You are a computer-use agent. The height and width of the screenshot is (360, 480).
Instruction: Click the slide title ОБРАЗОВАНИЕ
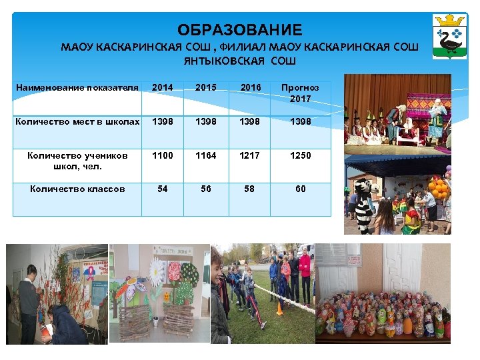tap(239, 30)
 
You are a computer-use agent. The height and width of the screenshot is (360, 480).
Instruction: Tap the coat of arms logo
tap(449, 36)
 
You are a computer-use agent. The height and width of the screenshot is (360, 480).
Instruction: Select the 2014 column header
tap(162, 87)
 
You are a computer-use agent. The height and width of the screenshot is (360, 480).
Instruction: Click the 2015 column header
tap(205, 87)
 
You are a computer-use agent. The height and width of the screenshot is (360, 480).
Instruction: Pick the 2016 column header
tap(250, 87)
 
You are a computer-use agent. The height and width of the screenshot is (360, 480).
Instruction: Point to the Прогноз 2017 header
tap(300, 93)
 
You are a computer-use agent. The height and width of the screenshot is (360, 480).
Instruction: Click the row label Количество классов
tap(77, 189)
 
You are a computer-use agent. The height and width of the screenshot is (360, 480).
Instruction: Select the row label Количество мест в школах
tap(77, 121)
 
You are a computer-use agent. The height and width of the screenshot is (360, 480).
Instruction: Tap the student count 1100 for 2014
tap(162, 155)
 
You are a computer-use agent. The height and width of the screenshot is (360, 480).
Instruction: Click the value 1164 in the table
tap(205, 155)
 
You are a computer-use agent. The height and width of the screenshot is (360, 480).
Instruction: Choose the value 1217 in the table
tap(249, 155)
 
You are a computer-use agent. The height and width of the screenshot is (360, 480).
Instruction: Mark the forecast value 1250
tap(300, 155)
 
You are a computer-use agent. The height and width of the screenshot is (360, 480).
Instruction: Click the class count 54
tap(162, 189)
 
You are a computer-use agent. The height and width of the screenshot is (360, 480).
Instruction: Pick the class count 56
tap(205, 189)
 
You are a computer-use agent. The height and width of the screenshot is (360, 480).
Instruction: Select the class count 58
tap(249, 189)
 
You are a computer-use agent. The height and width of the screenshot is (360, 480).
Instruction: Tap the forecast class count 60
tap(300, 189)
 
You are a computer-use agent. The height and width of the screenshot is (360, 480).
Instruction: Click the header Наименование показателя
tap(77, 87)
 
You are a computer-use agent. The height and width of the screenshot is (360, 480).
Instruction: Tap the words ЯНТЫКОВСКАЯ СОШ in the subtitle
tap(239, 61)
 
